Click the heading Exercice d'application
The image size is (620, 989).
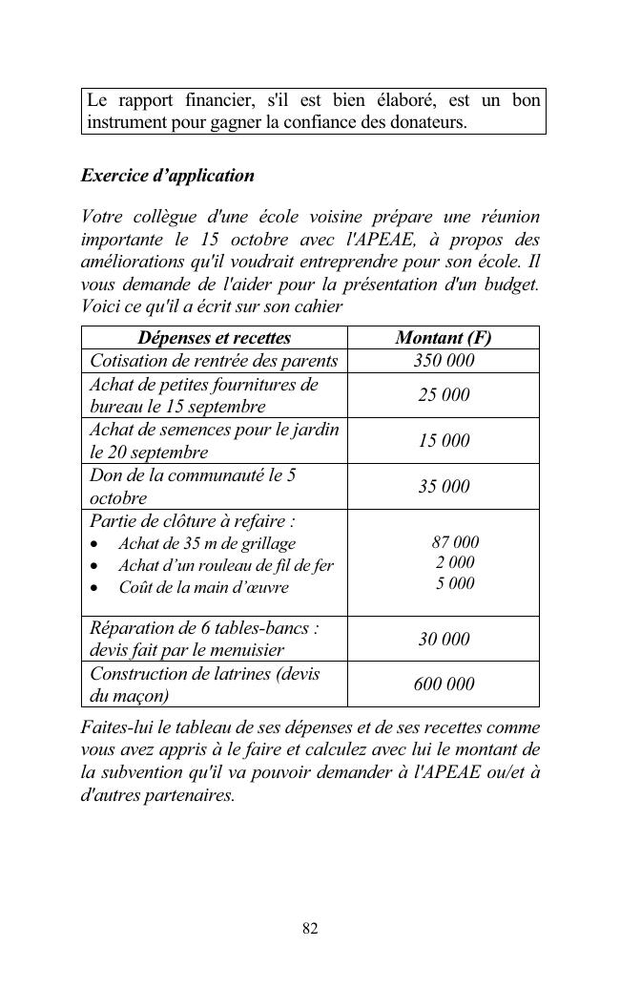(168, 176)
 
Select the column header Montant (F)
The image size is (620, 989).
(444, 338)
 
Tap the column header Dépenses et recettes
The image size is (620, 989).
(215, 338)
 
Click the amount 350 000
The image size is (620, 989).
(444, 361)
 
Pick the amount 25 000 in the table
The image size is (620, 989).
(444, 395)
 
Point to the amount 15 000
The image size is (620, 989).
(444, 441)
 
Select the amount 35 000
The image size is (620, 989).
(444, 487)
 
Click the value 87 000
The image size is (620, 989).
(455, 542)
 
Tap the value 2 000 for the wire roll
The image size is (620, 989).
(455, 562)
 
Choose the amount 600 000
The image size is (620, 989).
(444, 684)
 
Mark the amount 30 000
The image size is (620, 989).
(444, 639)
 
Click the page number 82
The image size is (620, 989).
(310, 928)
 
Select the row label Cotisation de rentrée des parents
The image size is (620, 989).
(214, 361)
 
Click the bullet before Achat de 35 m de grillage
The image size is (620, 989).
(94, 544)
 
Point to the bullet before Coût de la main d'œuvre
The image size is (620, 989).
(94, 588)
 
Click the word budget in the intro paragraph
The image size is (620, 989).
(513, 284)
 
